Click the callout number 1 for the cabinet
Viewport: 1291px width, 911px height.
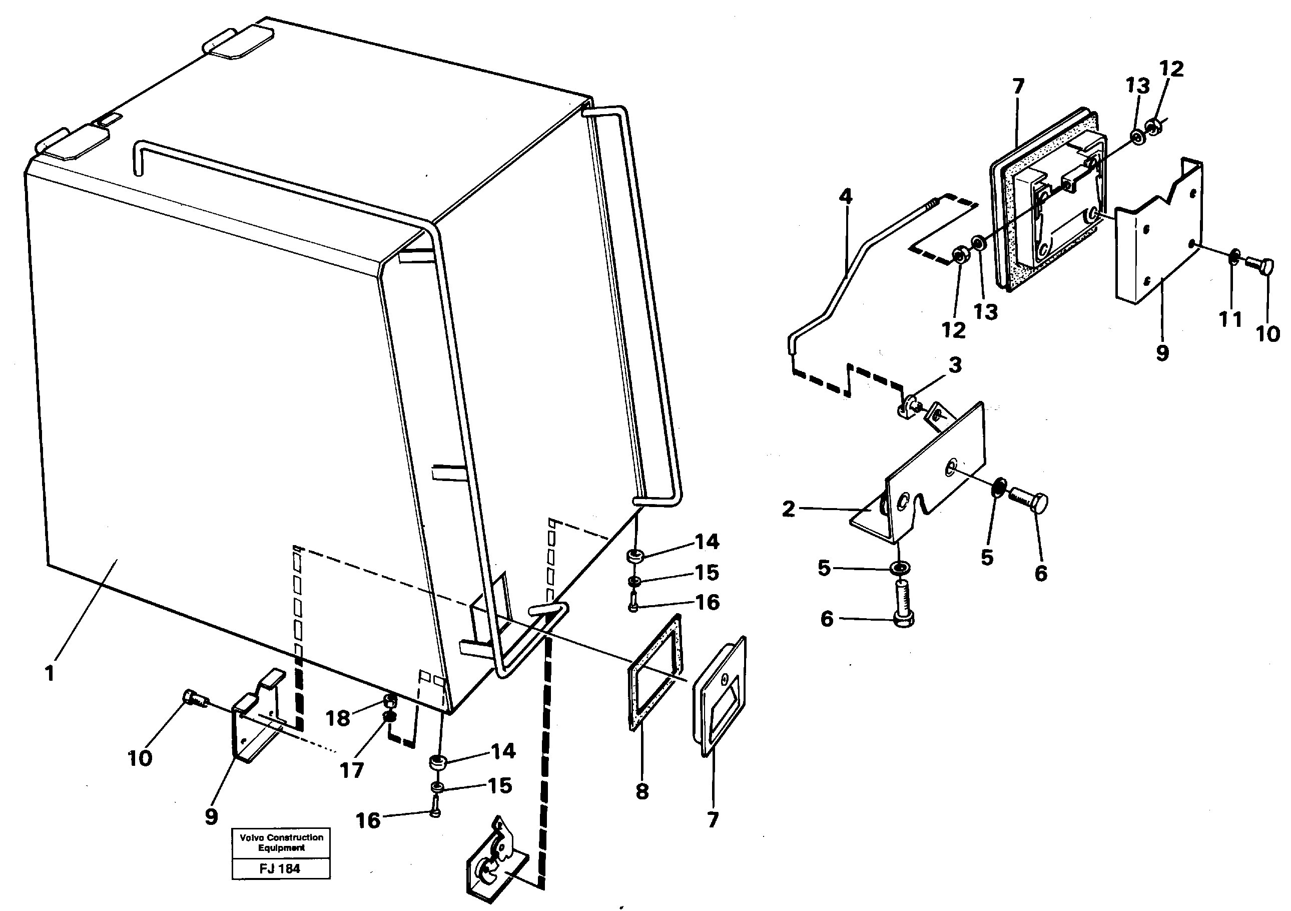tap(50, 673)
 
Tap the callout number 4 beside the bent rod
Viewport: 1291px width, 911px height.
tap(845, 196)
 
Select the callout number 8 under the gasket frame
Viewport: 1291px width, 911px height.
tap(642, 792)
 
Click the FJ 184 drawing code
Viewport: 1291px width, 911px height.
tap(280, 869)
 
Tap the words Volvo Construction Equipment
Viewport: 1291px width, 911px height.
tap(281, 842)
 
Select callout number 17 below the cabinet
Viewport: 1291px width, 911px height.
tap(351, 770)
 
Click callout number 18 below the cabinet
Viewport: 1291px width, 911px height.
tap(338, 718)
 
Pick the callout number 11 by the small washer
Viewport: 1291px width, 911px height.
tap(1230, 319)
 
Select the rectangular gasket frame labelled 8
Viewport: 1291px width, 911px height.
tap(655, 672)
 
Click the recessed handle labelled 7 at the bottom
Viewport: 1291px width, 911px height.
tap(719, 697)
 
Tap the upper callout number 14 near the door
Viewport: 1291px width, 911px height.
tap(707, 542)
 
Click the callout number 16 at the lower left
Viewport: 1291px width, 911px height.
tap(368, 820)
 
